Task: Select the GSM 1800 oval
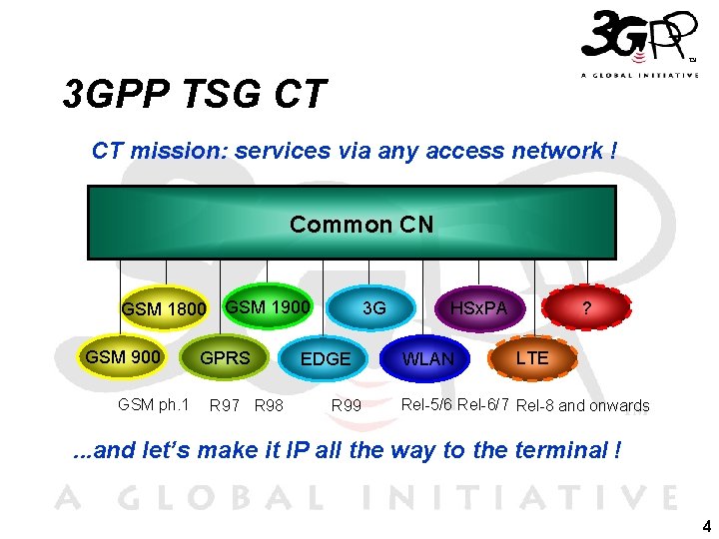click(163, 308)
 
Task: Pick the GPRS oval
click(226, 357)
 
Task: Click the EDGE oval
click(326, 358)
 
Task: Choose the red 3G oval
click(374, 308)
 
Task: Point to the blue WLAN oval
click(427, 358)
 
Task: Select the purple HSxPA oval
click(478, 308)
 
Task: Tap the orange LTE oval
click(532, 357)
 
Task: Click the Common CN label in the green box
click(361, 225)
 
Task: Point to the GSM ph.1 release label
click(153, 404)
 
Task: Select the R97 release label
click(225, 405)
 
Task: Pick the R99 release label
click(347, 405)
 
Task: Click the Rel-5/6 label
click(426, 404)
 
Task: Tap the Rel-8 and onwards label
click(583, 405)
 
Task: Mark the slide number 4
click(706, 526)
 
